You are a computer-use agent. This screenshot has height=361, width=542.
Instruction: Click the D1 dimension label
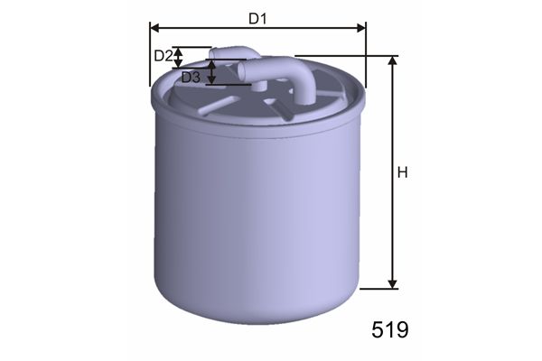(257, 19)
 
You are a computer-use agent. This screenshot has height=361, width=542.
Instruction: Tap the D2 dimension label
(163, 56)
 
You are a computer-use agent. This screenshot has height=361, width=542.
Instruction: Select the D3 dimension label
(191, 78)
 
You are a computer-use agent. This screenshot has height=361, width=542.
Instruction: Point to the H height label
(403, 172)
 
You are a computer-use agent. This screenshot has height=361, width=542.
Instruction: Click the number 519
(390, 329)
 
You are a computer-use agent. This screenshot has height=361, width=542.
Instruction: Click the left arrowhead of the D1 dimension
(154, 28)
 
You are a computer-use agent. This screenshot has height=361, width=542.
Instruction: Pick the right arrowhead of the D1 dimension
(361, 28)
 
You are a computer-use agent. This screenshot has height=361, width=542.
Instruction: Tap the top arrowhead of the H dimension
(392, 60)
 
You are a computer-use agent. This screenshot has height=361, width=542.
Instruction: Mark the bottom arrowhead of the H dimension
(392, 284)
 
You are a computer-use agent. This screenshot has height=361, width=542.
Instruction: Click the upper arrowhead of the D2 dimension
(178, 51)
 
